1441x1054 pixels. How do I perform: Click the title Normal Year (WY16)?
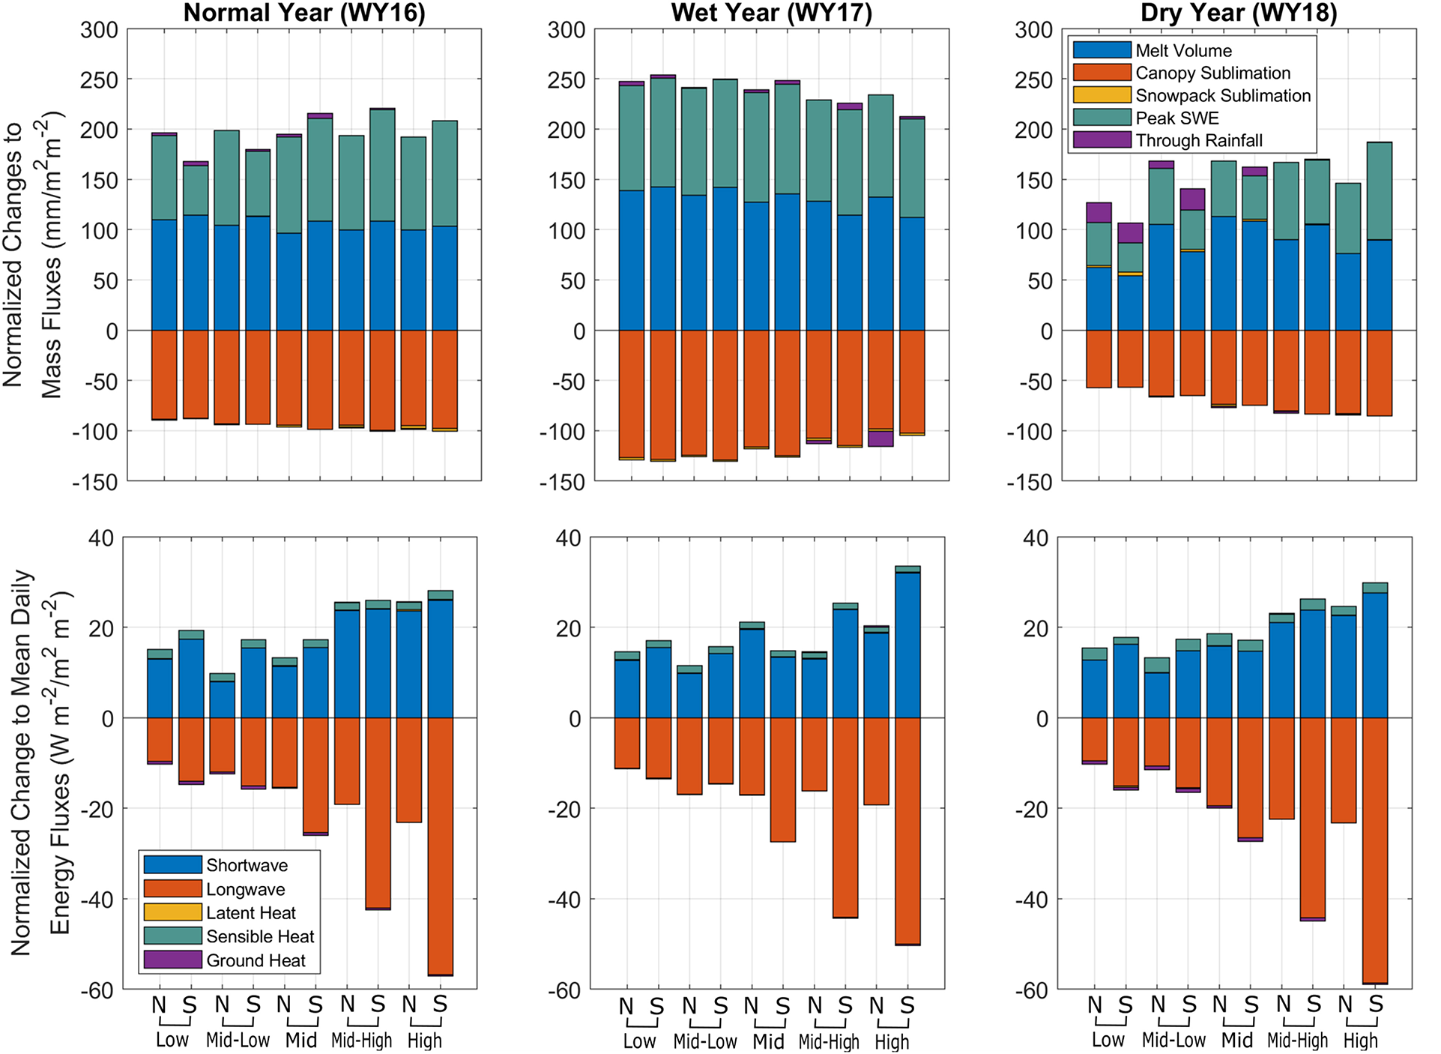point(304,13)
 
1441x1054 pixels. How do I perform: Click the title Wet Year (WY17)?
point(771,13)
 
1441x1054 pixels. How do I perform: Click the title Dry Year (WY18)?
point(1239,13)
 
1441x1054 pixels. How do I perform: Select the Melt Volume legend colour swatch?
point(1101,50)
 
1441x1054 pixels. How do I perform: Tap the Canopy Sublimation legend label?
point(1212,73)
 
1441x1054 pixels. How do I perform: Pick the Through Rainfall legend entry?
point(1198,140)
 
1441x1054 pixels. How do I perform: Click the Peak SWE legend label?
point(1176,118)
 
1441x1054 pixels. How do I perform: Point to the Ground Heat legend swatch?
point(172,960)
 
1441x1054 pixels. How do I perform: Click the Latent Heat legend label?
point(250,912)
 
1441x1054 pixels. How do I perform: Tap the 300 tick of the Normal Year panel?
point(100,30)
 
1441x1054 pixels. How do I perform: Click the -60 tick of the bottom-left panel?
point(97,990)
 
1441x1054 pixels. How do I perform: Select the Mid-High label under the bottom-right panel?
point(1297,1041)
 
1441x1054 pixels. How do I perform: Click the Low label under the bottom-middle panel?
point(639,1041)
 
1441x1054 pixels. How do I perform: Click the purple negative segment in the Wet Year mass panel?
point(880,439)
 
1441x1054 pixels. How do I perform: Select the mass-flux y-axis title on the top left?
point(34,255)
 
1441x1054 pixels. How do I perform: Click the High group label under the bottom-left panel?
point(424,1041)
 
